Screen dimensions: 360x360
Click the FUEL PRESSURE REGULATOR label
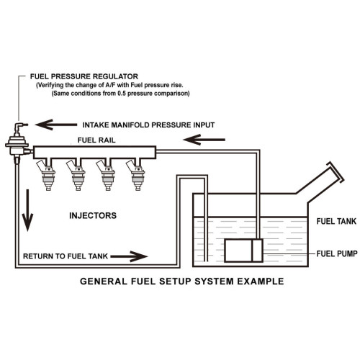(84, 76)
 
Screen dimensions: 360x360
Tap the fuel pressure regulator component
(17, 143)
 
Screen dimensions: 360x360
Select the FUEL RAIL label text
(96, 140)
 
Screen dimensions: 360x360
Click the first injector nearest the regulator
(46, 174)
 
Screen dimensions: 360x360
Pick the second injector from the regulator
(76, 174)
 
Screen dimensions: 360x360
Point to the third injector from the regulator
(106, 174)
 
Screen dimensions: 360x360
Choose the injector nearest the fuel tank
(135, 174)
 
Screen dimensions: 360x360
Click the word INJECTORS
(93, 215)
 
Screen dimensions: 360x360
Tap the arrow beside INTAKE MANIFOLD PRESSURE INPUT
(56, 125)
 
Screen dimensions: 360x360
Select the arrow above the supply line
(204, 140)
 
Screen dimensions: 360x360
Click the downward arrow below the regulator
(27, 210)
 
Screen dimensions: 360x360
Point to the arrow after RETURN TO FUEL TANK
(129, 256)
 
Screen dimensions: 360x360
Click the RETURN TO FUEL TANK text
(66, 256)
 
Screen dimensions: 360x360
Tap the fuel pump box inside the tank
(243, 251)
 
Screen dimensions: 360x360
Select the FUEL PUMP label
(337, 253)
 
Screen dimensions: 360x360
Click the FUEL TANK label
(336, 221)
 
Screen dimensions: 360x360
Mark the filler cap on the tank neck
(336, 172)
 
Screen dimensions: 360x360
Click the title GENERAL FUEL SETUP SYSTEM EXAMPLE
(182, 281)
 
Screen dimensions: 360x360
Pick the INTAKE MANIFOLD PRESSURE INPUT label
(148, 125)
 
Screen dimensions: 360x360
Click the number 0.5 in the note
(122, 93)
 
